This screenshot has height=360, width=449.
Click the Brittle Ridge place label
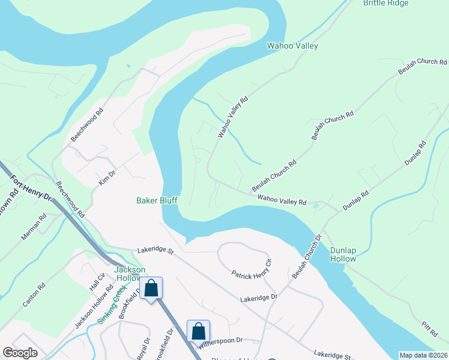(x=385, y=3)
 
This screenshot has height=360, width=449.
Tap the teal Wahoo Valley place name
(x=292, y=46)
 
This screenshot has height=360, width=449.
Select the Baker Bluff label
(x=157, y=200)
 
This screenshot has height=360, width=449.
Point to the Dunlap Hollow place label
(x=343, y=254)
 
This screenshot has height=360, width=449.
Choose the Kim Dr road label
(x=106, y=176)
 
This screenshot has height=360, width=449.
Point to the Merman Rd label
(x=34, y=227)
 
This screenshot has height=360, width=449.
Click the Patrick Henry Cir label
(x=252, y=268)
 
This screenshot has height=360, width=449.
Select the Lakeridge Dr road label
(x=259, y=297)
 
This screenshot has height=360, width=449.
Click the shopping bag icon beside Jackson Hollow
(x=151, y=288)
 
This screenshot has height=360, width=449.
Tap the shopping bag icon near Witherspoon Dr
(x=199, y=330)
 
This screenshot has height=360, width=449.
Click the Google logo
(x=20, y=353)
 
